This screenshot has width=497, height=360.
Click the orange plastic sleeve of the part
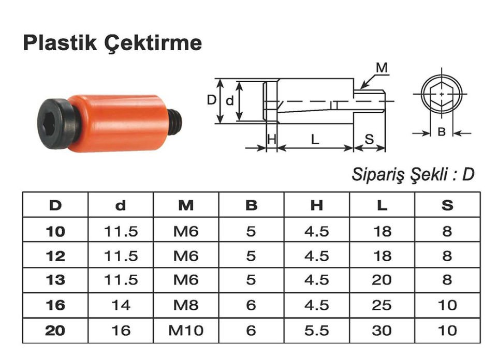(119, 123)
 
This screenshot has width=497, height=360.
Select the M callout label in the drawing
(382, 68)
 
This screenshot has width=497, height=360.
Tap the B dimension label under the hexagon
(442, 132)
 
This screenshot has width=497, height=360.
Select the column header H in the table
(317, 205)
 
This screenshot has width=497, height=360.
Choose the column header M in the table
(186, 205)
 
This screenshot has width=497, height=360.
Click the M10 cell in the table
(186, 330)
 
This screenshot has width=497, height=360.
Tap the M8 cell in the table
(186, 305)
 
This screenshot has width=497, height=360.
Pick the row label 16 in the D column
(55, 305)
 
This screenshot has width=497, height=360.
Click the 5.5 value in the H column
(317, 330)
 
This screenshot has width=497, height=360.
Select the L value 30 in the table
(382, 330)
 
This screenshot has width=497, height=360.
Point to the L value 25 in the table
(382, 305)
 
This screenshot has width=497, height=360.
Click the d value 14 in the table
(121, 305)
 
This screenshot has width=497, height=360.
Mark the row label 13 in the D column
(55, 280)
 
